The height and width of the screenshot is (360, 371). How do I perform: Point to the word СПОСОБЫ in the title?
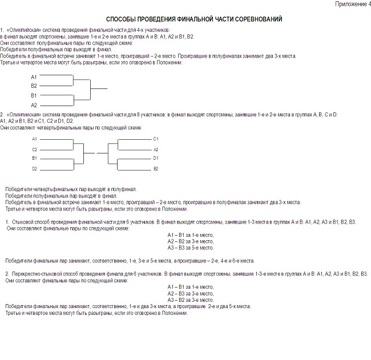[x=121, y=19]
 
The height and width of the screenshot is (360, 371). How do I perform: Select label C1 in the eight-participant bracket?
[x=156, y=139]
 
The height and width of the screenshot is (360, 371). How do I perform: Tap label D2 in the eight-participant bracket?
[x=34, y=169]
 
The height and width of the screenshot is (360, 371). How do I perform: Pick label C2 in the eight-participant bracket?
[x=34, y=149]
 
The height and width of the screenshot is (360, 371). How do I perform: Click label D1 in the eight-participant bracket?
[x=156, y=158]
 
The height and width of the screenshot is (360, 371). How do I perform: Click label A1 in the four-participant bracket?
[x=34, y=76]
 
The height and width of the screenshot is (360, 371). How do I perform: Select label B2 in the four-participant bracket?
[x=34, y=86]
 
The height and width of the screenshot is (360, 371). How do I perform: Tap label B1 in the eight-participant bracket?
[x=34, y=158]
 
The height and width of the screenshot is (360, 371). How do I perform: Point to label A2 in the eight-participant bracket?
[x=156, y=149]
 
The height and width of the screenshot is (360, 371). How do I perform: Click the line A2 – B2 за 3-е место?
[x=191, y=241]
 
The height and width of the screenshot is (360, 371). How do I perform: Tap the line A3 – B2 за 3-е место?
[x=191, y=300]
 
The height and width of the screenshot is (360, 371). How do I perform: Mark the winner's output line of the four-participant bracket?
[x=99, y=88]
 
